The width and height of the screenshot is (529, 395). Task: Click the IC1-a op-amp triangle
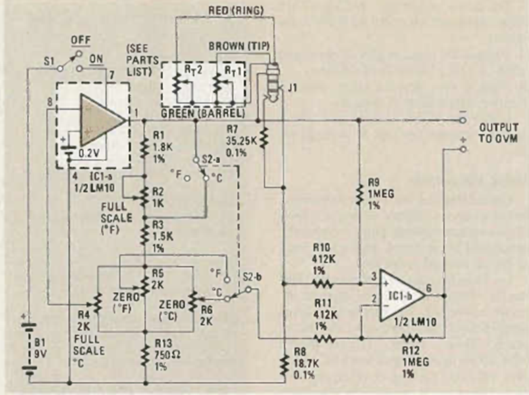[x=101, y=119]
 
